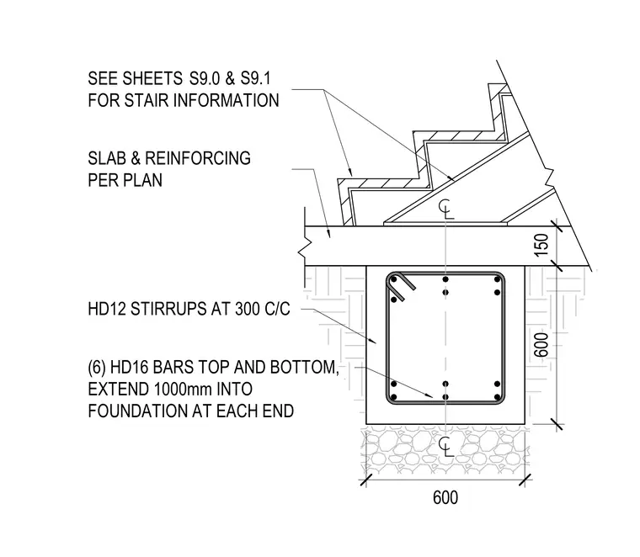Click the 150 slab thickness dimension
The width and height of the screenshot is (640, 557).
tap(541, 245)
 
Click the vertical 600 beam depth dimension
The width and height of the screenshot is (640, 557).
tap(541, 345)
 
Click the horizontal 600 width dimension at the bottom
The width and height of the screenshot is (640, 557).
tap(445, 497)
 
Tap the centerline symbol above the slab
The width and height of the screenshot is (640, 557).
tap(445, 209)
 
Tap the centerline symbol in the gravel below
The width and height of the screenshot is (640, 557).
tap(445, 446)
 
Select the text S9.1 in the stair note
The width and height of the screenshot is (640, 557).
tap(255, 78)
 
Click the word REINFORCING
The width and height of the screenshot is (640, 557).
tap(198, 158)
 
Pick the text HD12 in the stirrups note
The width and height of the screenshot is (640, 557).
tap(106, 309)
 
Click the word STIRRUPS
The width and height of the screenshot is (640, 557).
tap(168, 309)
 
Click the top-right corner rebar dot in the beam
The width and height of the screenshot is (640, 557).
tap(497, 279)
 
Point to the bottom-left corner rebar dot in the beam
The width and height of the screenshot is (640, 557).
tap(394, 397)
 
